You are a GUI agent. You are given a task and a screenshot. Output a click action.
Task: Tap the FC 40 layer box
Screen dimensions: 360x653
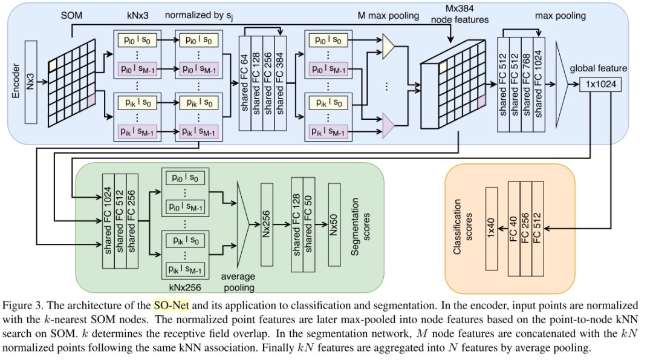[x=514, y=227]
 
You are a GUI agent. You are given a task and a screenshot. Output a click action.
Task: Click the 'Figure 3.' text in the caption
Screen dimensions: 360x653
[x=22, y=304]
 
